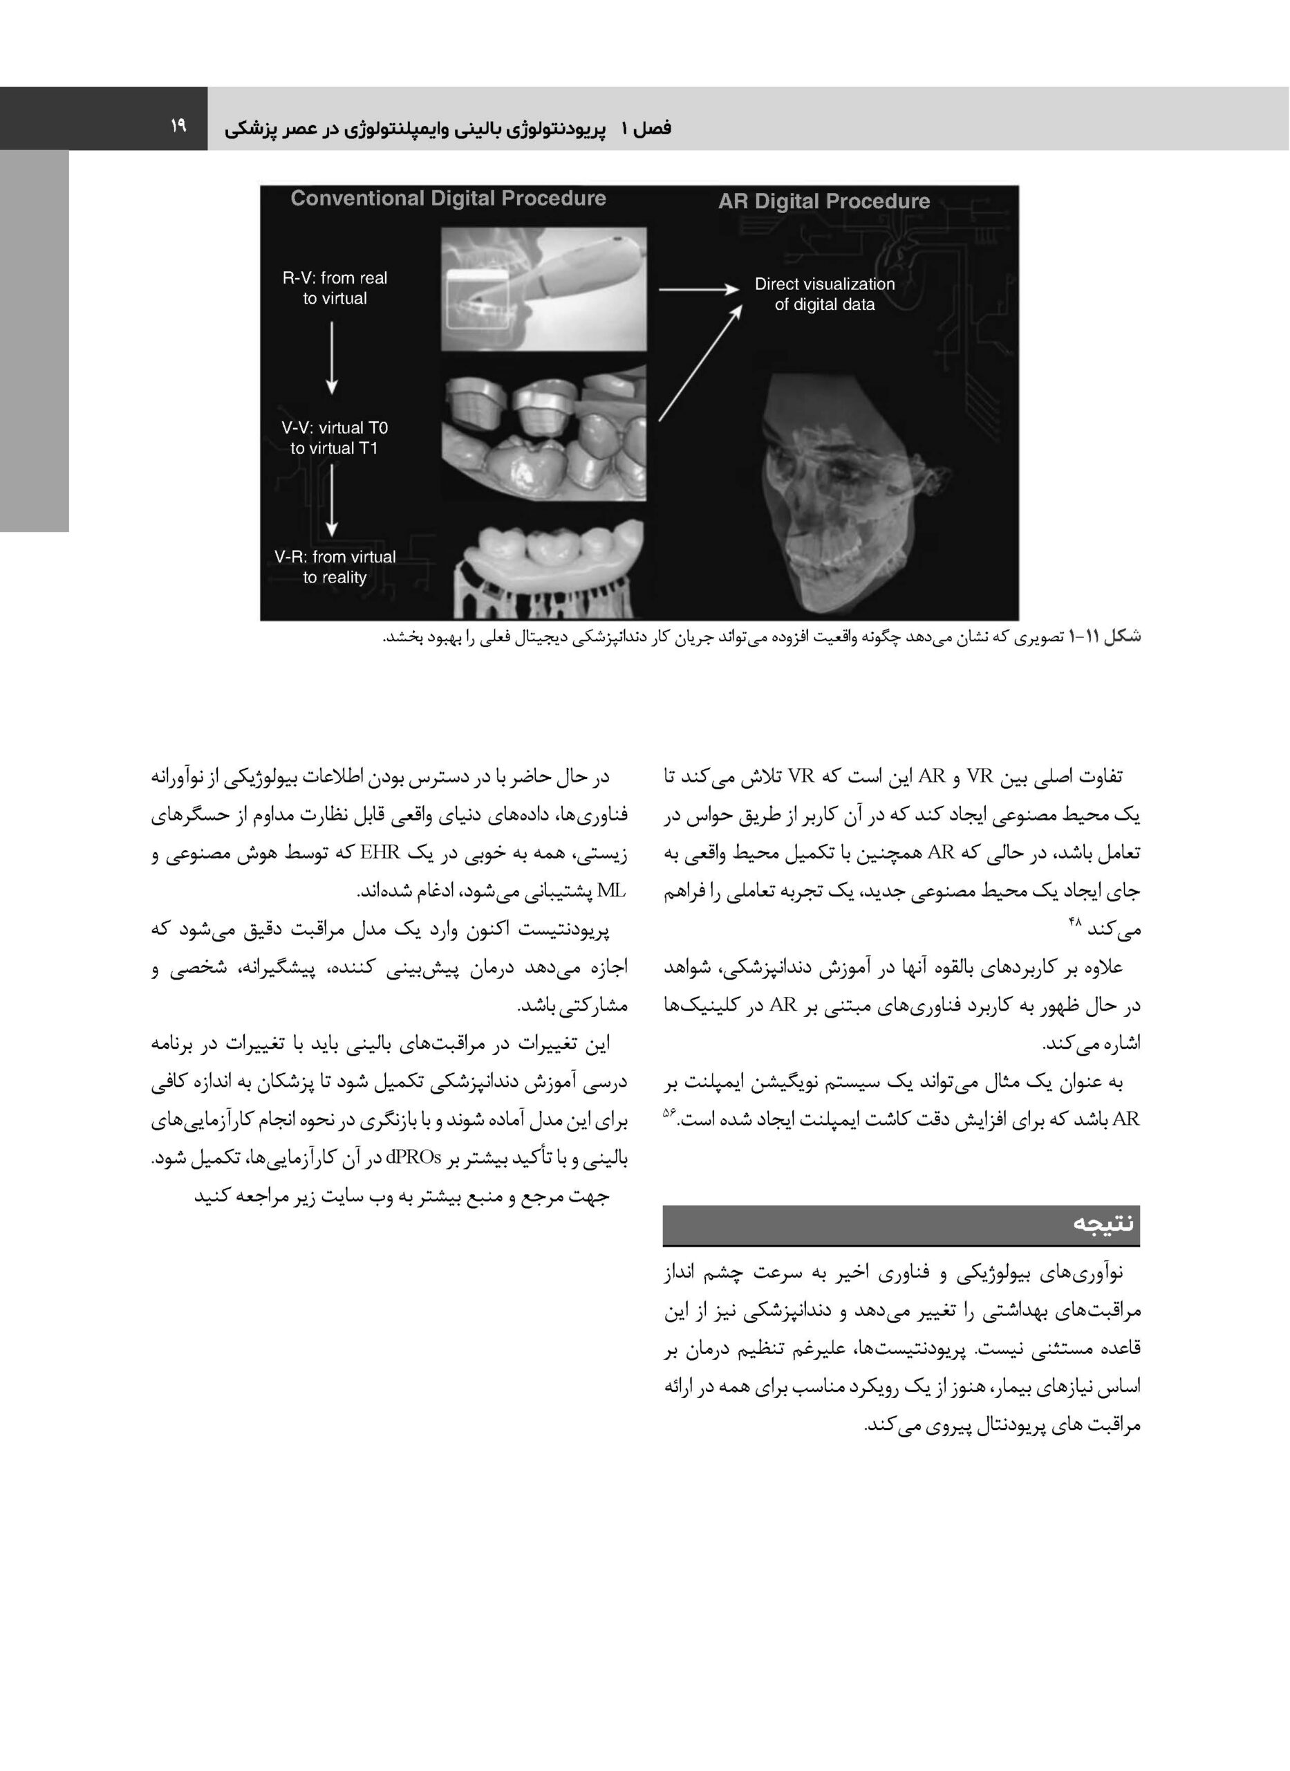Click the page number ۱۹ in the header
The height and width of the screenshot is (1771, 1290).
pos(178,125)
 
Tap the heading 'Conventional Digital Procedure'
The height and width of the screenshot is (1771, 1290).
pos(448,199)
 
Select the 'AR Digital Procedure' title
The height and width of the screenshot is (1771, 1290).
pos(824,201)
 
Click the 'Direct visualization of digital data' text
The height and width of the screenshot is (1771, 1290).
pos(825,295)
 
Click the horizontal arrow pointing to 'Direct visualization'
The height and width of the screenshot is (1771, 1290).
pos(698,290)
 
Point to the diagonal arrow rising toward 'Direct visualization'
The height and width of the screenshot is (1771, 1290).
pos(700,363)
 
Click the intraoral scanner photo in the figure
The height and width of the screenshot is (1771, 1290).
pos(543,289)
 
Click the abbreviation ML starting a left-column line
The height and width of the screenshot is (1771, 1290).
pos(607,890)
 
